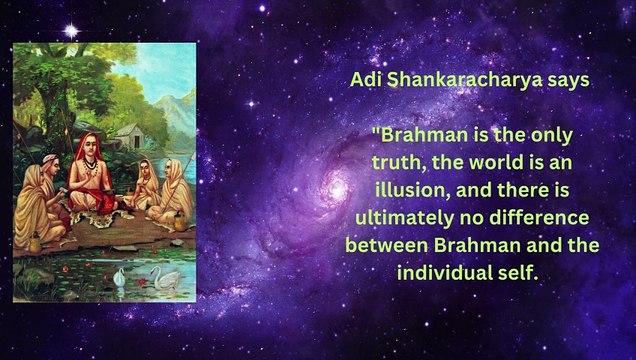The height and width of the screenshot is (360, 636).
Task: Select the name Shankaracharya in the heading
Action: tap(463, 82)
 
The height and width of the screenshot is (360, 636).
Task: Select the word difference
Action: tap(561, 216)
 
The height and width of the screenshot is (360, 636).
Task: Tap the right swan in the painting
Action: tap(164, 277)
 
